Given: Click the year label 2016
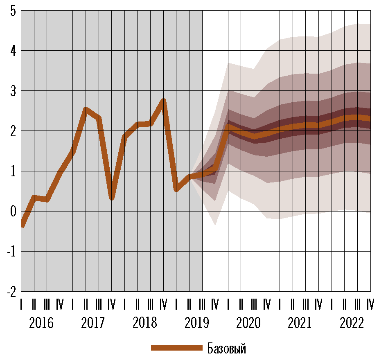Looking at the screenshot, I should click(x=41, y=323).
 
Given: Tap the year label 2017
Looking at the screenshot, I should click(x=93, y=323).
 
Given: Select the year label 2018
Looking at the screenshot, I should click(x=144, y=323).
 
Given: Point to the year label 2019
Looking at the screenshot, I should click(x=196, y=323).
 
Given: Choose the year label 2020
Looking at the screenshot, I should click(x=248, y=323).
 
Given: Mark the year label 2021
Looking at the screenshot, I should click(x=300, y=323).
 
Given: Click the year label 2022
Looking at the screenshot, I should click(x=352, y=323).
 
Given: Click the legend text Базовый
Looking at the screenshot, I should click(x=227, y=349).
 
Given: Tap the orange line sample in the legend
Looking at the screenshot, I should click(x=176, y=348).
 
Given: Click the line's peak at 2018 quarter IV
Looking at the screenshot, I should click(x=163, y=100).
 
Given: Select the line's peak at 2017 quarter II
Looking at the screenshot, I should click(x=86, y=109).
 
